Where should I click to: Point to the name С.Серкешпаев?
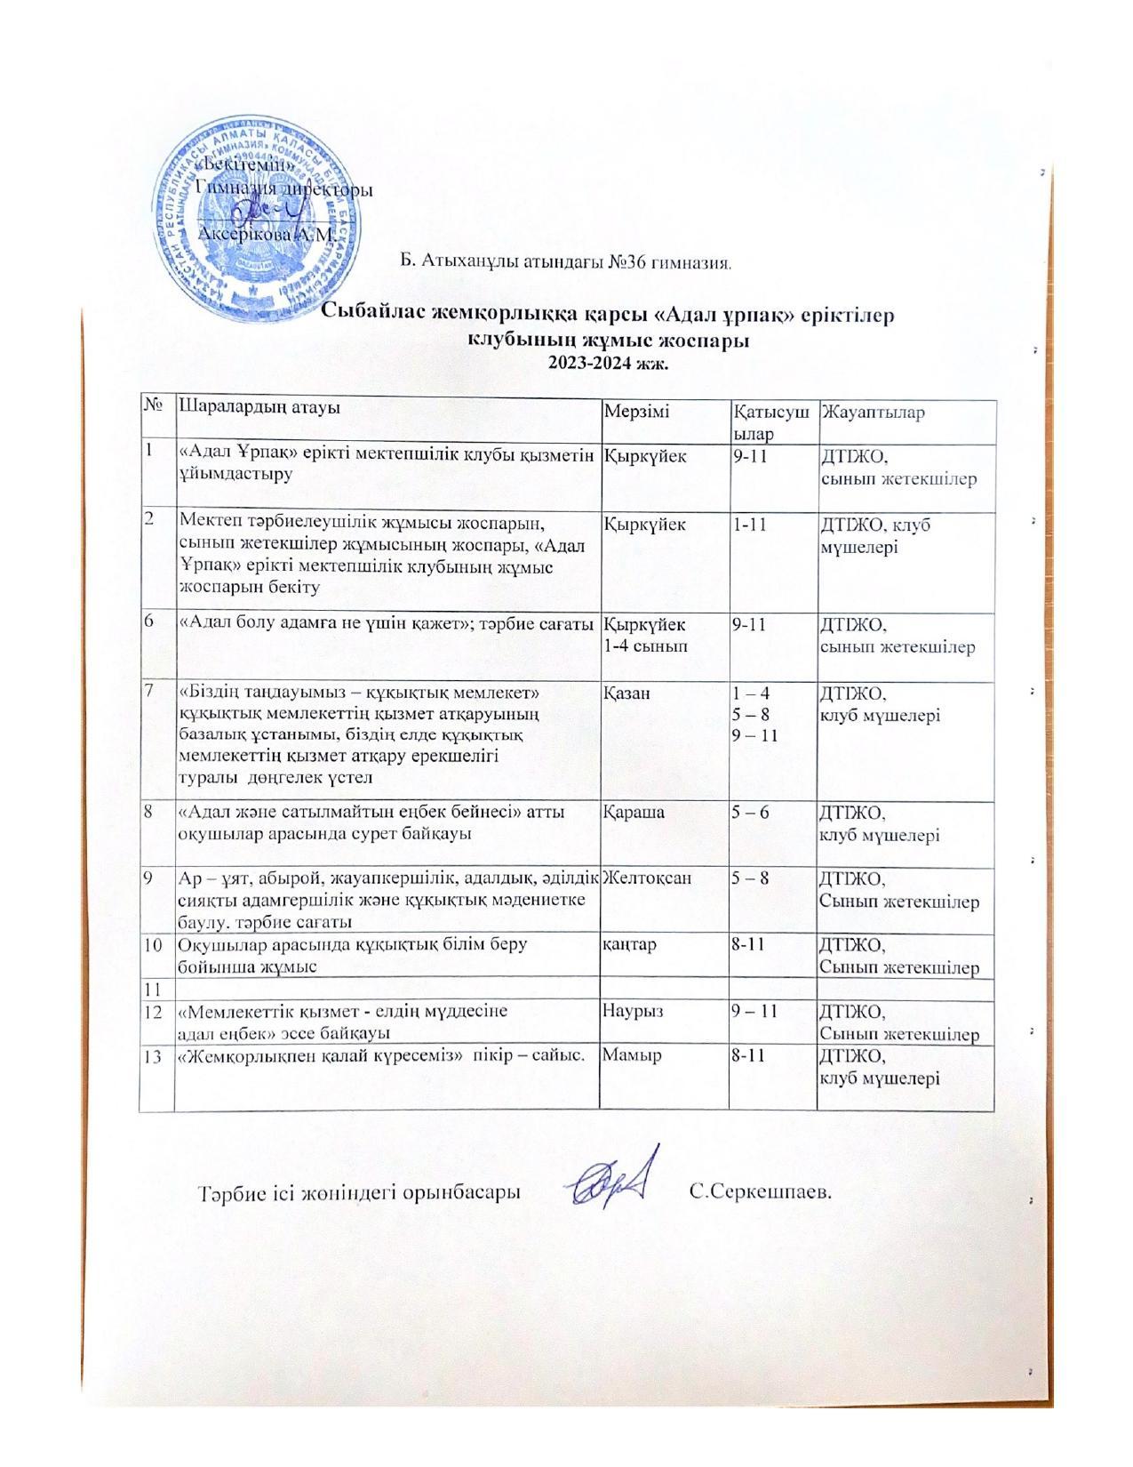coord(761,1190)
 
